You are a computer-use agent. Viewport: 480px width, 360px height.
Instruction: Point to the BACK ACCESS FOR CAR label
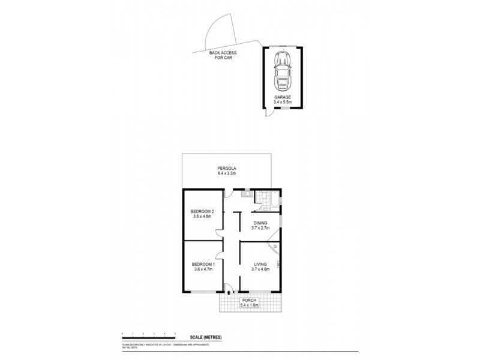[x=223, y=55]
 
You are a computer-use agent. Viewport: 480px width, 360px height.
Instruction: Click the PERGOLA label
[x=226, y=169]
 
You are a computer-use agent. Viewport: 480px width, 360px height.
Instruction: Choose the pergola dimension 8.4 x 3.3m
[x=226, y=174]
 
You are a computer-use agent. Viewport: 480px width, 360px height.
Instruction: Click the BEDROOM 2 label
[x=202, y=211]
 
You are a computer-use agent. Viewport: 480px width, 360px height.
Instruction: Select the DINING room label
[x=260, y=223]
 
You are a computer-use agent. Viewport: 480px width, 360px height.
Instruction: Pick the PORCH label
[x=250, y=300]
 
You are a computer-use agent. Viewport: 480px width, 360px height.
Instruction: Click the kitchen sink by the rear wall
[x=245, y=194]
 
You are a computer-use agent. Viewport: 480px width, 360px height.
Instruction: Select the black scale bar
[x=148, y=334]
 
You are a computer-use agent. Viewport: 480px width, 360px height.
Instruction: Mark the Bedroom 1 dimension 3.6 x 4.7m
[x=202, y=269]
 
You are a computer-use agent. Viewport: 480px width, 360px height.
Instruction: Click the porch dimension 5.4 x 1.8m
[x=250, y=305]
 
